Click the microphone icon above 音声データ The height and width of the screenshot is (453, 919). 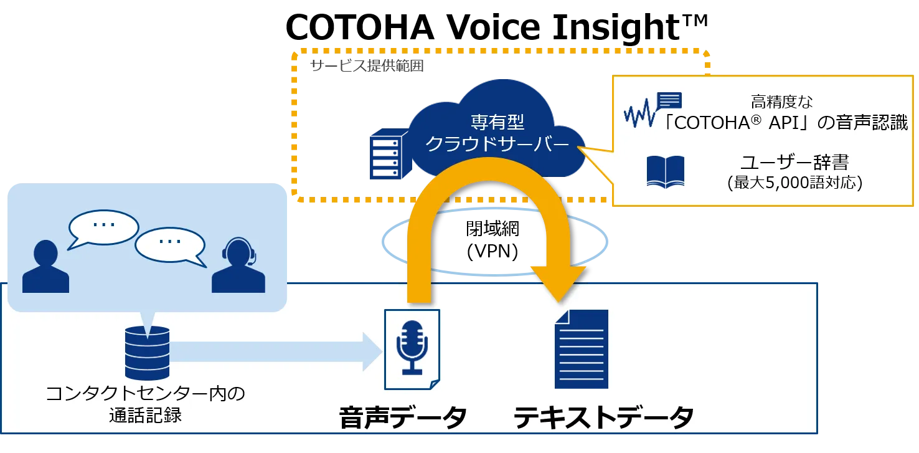point(412,347)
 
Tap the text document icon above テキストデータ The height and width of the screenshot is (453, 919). point(581,349)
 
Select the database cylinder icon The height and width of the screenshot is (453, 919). point(147,353)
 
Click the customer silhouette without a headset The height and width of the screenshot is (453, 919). point(45,267)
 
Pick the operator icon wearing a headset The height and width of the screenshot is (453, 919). point(238,266)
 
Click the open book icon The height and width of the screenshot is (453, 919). point(665,171)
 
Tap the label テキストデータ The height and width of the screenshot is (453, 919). point(603,418)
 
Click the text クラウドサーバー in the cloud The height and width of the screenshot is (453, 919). point(496,145)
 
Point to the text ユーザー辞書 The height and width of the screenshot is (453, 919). point(794,163)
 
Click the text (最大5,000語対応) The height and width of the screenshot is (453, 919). point(794,184)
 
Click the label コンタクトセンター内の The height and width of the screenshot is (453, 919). point(146,394)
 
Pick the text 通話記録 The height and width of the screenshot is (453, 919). point(146,416)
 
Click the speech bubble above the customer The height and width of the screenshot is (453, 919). point(103,227)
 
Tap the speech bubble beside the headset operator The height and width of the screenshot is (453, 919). point(170,244)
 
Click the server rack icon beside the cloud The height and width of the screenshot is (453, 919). point(382,155)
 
